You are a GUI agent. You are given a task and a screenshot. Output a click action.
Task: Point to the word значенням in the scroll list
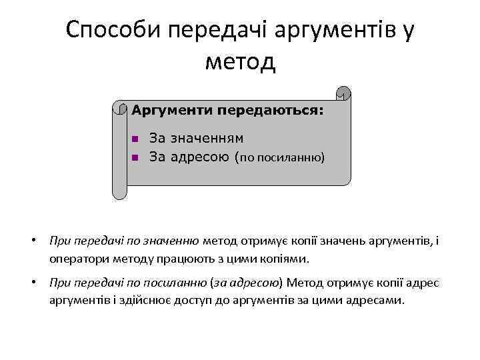coord(206,139)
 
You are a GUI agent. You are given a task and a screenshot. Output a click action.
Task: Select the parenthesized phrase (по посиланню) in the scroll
coord(280,158)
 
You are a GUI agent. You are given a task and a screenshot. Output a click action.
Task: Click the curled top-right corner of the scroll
coord(343,93)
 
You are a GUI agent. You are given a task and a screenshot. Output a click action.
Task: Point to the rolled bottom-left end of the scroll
coord(119,193)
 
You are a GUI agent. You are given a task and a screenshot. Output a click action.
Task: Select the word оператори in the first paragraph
coord(75,258)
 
